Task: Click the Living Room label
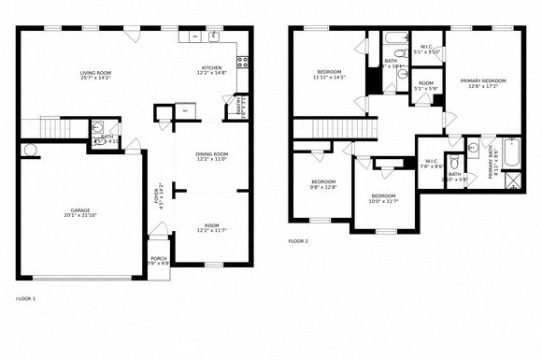[94, 76]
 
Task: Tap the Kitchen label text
[211, 70]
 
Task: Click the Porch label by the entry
[159, 261]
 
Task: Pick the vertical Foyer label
[159, 198]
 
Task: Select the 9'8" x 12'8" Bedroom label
[323, 184]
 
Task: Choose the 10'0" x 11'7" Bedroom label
[382, 198]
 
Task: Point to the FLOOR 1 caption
[26, 298]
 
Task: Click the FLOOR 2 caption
[298, 241]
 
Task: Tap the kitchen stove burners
[242, 64]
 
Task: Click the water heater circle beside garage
[28, 150]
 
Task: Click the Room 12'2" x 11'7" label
[211, 227]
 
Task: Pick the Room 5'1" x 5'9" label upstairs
[426, 87]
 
